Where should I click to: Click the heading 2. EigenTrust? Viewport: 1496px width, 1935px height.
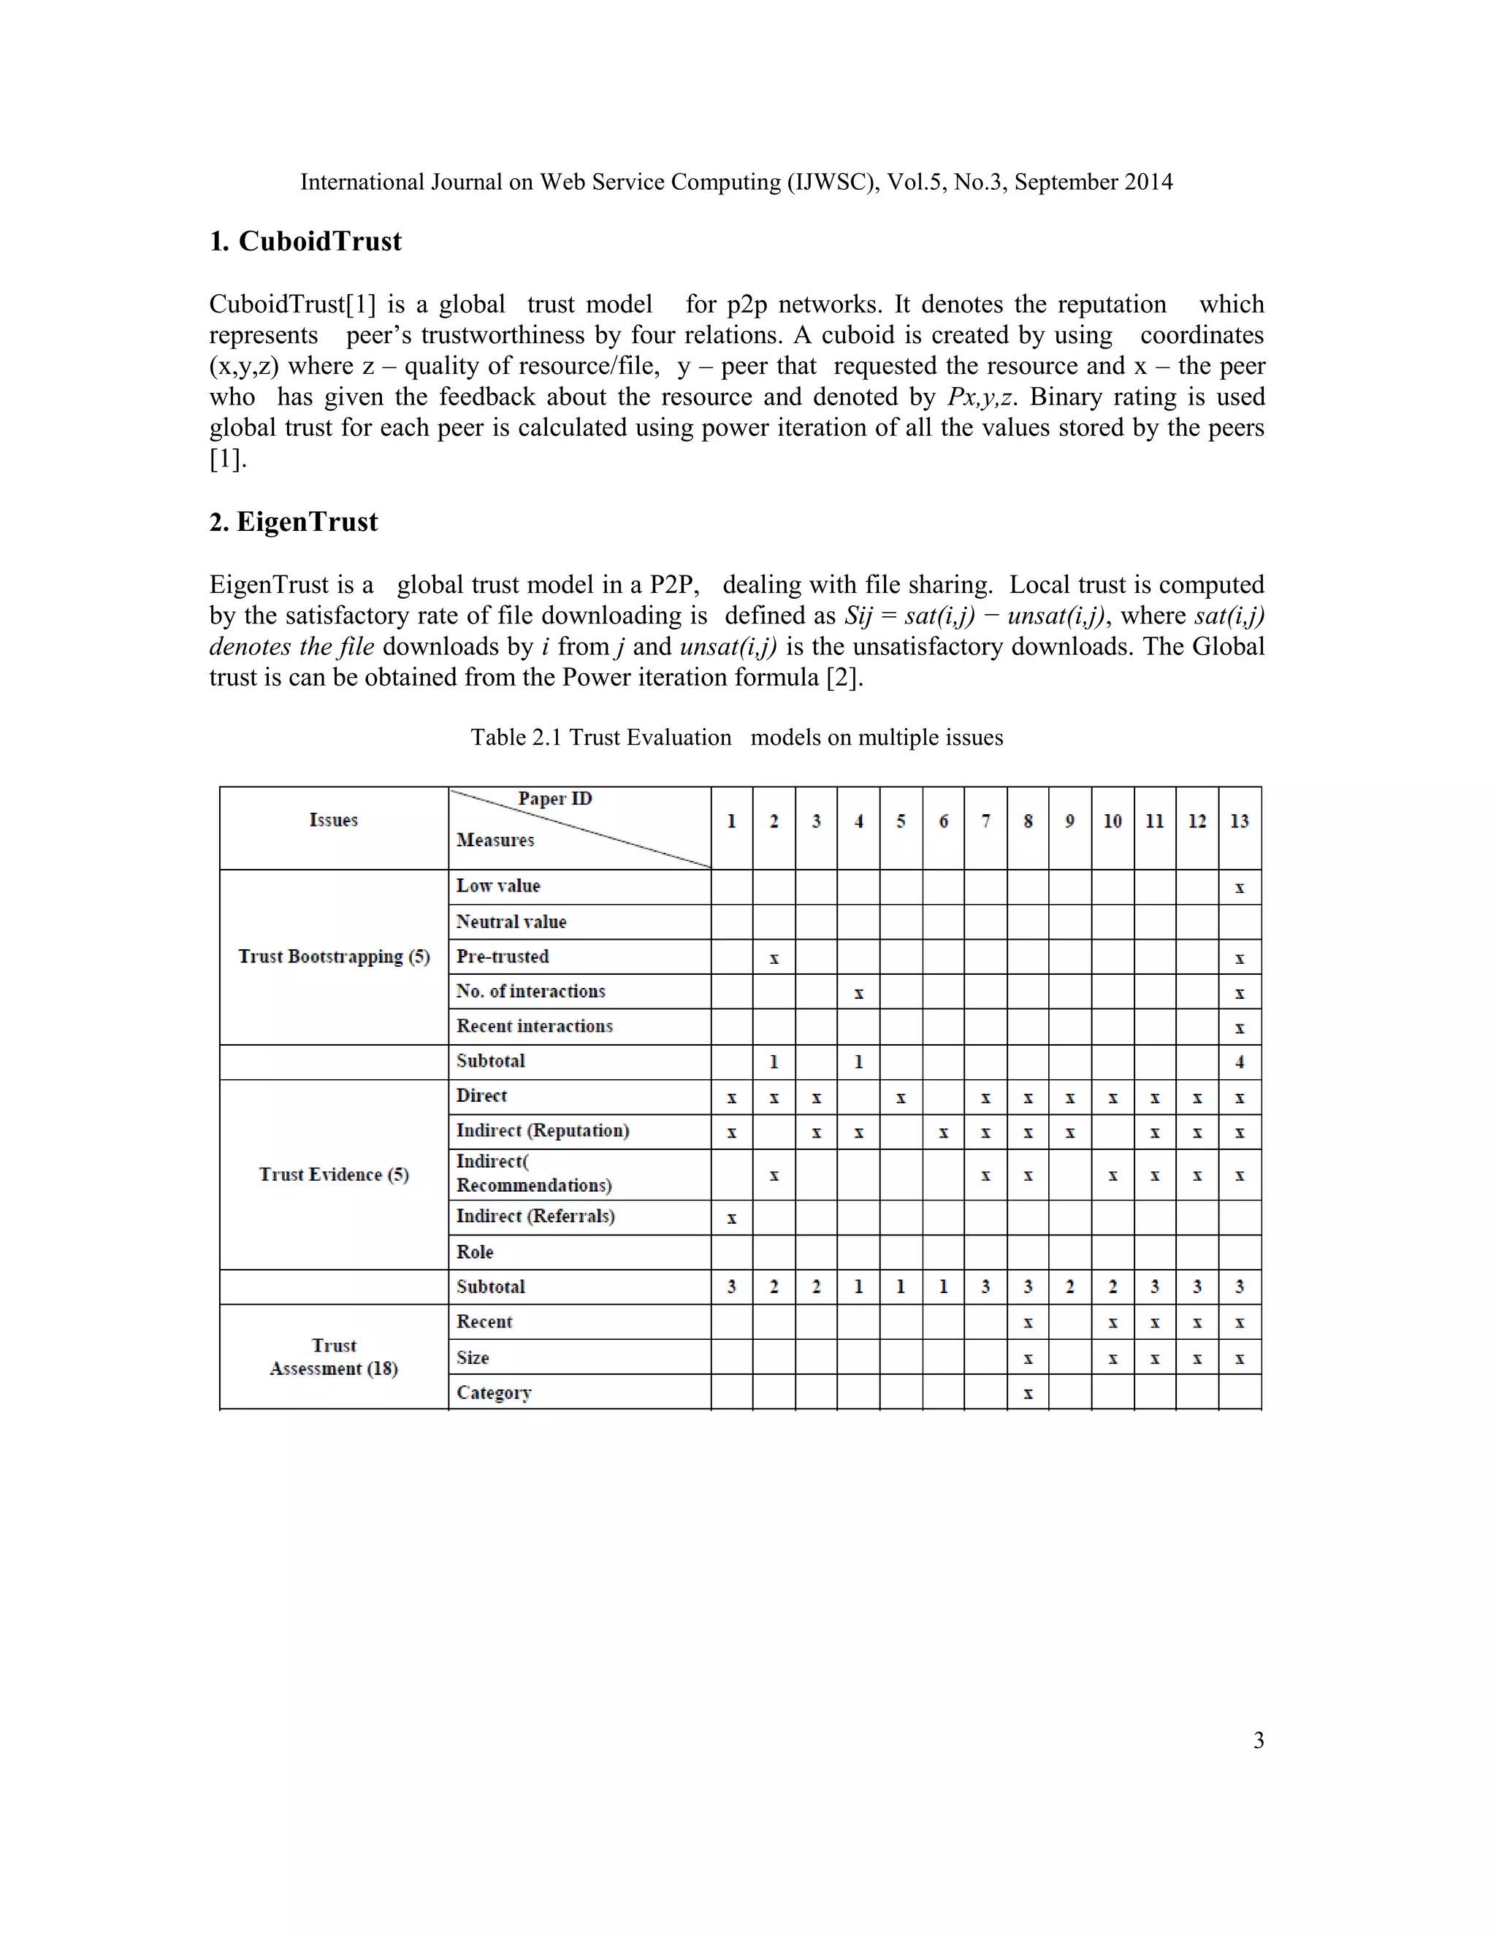pos(294,522)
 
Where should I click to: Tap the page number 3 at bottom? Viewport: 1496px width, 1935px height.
pos(1258,1741)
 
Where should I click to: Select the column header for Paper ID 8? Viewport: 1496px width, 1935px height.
pos(1027,821)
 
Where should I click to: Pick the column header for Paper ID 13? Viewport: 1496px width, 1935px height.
pos(1239,821)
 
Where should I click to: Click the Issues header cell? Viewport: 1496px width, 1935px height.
pos(333,821)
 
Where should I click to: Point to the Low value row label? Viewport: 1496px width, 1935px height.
pos(497,886)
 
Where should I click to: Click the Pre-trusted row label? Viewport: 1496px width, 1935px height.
pos(502,957)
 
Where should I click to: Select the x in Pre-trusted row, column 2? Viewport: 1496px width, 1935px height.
pos(774,959)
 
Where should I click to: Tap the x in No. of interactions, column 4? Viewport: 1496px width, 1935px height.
pos(858,994)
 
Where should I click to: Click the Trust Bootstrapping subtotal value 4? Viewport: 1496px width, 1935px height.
pos(1239,1062)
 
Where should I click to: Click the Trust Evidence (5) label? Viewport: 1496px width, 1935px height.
pos(333,1175)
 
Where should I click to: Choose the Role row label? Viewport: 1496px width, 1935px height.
pos(474,1252)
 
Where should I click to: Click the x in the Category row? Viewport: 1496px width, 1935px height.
pos(1027,1394)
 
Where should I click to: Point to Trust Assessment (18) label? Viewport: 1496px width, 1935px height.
pos(333,1357)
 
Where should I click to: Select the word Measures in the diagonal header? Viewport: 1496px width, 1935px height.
pos(495,840)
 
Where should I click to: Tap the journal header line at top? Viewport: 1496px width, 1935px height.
pos(736,183)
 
